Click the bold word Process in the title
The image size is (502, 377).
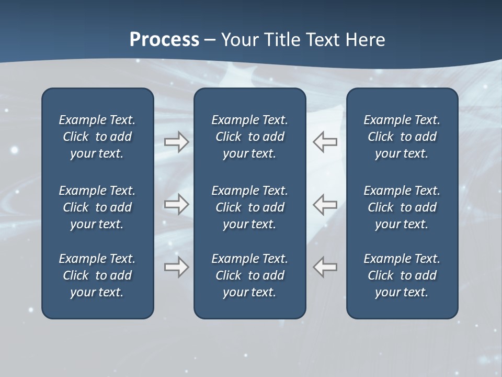(x=164, y=40)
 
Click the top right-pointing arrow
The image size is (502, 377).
(x=176, y=142)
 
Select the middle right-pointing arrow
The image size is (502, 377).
(x=176, y=204)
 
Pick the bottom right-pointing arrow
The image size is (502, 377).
(x=176, y=267)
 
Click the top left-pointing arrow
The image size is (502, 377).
(x=325, y=142)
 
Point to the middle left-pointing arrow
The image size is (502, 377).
(x=325, y=204)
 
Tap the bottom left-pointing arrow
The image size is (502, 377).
(x=325, y=267)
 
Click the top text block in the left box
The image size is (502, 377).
(x=97, y=137)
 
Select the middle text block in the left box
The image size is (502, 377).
(x=97, y=207)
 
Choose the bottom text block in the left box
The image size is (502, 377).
(x=97, y=275)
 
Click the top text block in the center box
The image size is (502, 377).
(x=249, y=137)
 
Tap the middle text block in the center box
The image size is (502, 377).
(x=249, y=207)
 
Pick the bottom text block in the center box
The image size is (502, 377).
(x=249, y=275)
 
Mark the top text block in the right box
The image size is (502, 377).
(x=402, y=137)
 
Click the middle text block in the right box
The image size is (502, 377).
(x=402, y=207)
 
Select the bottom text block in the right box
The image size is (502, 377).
(x=402, y=275)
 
